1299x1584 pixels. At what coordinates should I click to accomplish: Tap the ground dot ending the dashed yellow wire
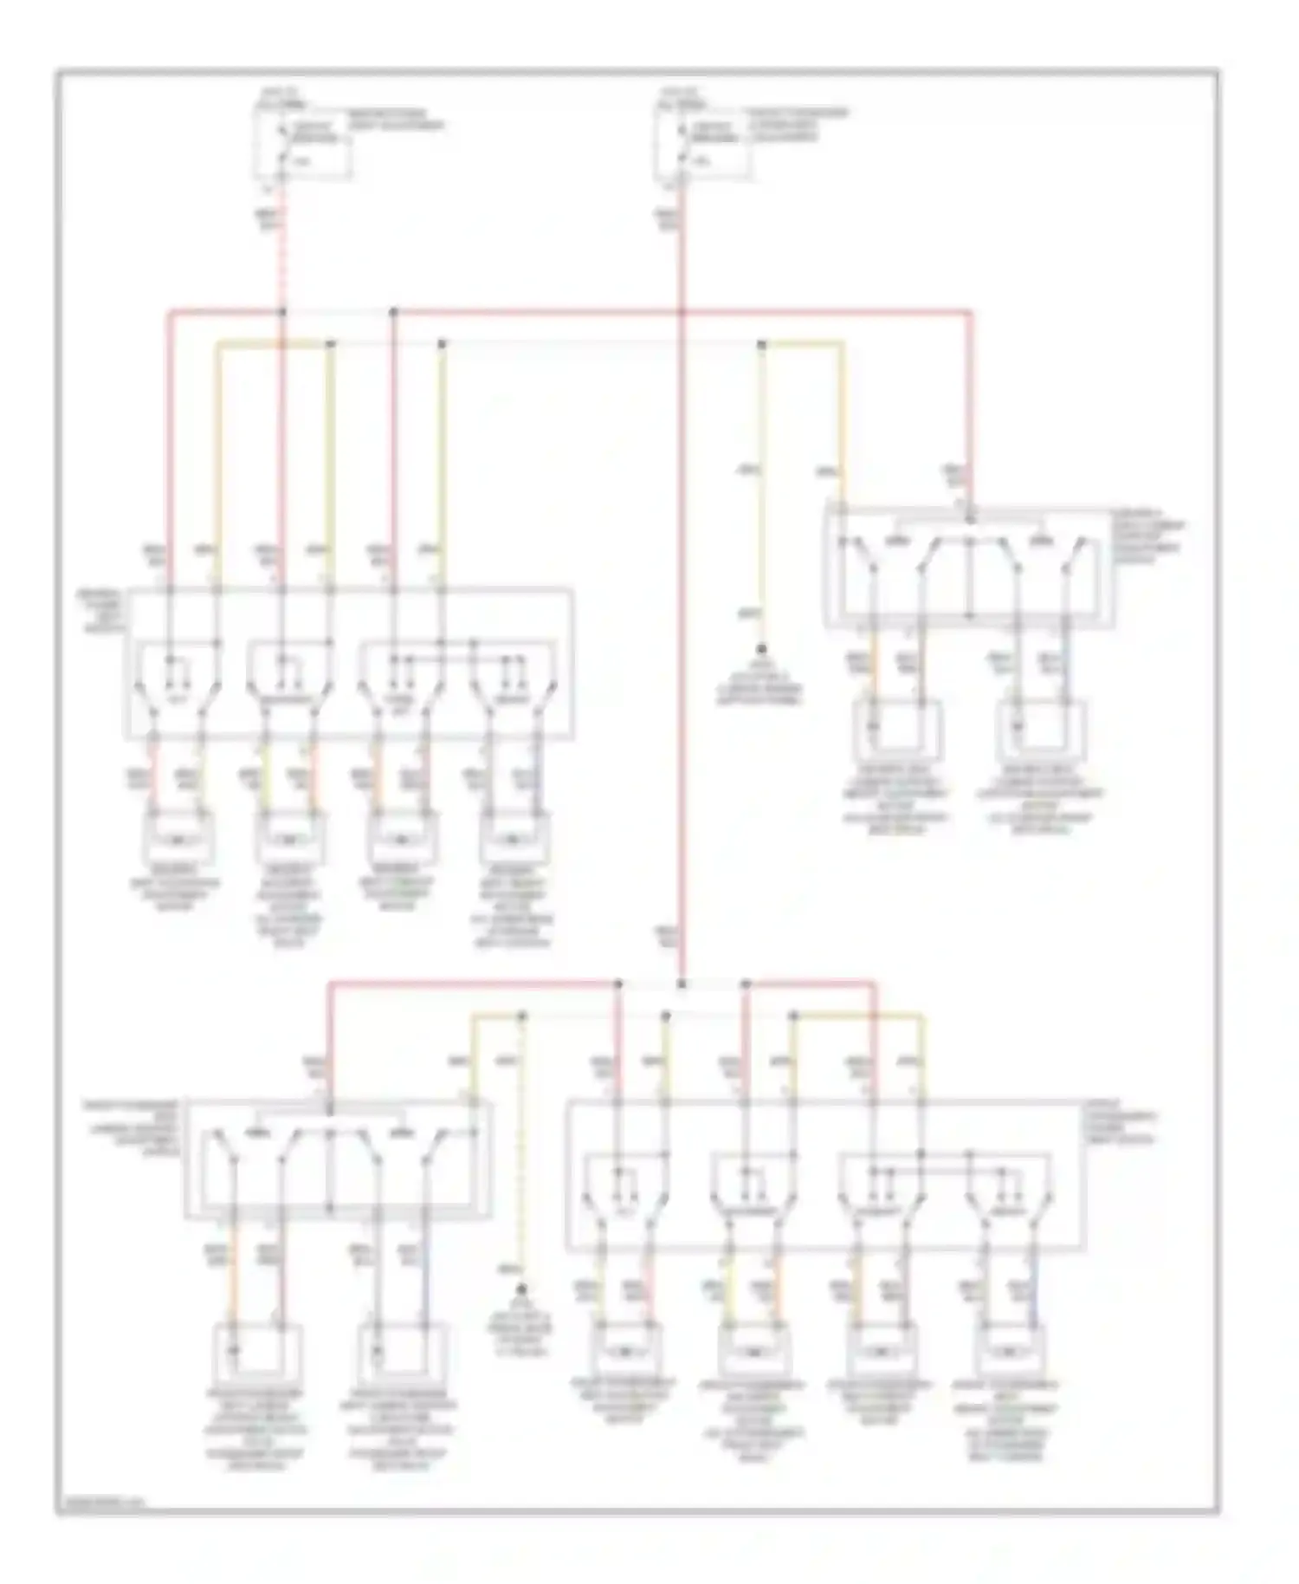(x=521, y=1290)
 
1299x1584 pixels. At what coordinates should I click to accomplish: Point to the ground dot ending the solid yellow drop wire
(x=762, y=648)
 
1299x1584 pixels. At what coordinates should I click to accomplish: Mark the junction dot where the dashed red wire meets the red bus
(x=283, y=311)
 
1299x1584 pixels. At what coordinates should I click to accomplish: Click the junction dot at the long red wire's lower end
(x=682, y=984)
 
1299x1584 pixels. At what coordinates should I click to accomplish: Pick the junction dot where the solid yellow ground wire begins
(x=762, y=344)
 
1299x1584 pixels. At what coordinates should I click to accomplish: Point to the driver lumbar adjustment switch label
(x=1151, y=542)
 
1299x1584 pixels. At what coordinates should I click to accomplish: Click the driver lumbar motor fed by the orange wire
(x=898, y=727)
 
